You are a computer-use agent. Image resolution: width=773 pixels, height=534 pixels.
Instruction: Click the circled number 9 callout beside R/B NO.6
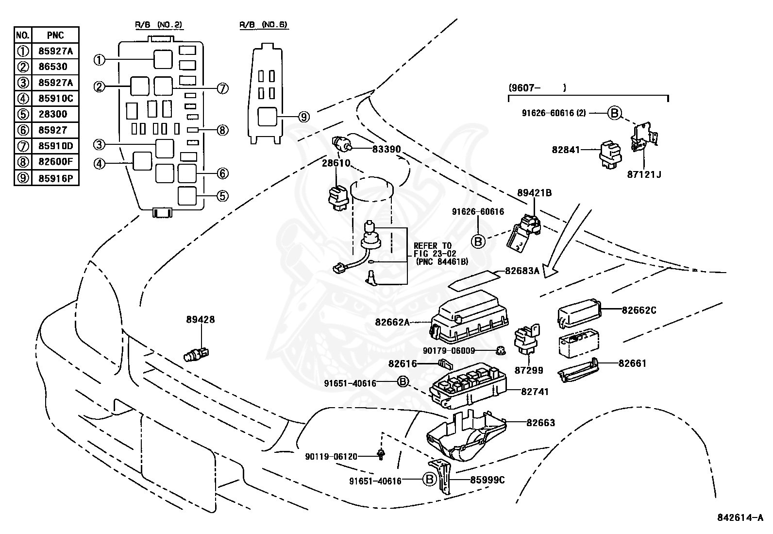click(x=304, y=117)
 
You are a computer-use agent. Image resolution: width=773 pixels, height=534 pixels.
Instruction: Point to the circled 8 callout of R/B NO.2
click(x=222, y=130)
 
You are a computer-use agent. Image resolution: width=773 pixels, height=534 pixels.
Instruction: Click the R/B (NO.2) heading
click(x=159, y=24)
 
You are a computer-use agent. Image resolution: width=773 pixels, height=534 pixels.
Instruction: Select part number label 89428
click(x=200, y=320)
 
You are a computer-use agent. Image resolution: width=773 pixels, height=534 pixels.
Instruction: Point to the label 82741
click(x=535, y=391)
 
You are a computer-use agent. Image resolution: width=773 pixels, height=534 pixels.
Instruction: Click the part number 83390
click(x=386, y=149)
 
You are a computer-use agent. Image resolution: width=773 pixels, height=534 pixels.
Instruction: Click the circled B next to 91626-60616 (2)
click(x=614, y=113)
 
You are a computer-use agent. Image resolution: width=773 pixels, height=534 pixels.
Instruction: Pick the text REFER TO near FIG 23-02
click(x=432, y=246)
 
